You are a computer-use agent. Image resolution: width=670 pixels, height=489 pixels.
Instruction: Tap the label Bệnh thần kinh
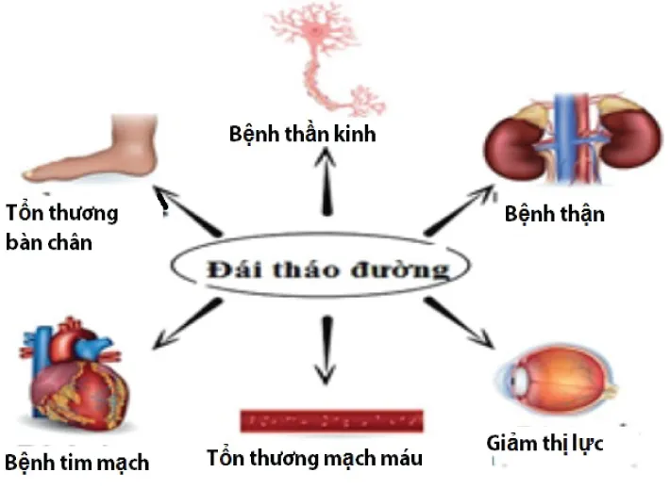[x=302, y=133]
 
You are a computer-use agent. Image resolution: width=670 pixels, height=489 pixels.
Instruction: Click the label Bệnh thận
[x=554, y=214]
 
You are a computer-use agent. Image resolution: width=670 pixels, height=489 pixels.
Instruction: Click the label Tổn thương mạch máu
[x=315, y=459]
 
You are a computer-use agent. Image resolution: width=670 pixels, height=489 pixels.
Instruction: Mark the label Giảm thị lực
[x=544, y=442]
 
